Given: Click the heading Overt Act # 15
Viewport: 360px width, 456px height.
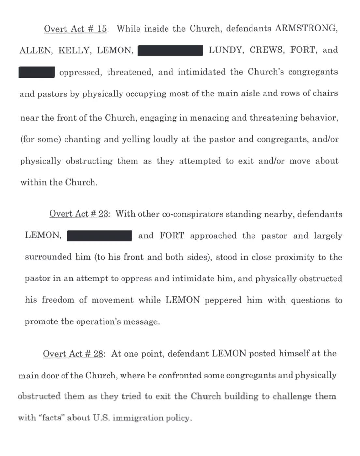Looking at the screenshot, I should tap(75, 29).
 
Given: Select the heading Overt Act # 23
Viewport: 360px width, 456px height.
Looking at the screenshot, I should tap(79, 214).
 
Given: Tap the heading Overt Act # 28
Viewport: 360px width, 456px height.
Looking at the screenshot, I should tap(73, 354).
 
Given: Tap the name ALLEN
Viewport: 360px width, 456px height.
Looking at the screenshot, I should tap(36, 50).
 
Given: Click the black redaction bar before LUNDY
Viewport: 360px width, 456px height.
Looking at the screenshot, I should tap(170, 50).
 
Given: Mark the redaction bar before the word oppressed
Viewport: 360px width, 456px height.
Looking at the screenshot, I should tap(36, 72).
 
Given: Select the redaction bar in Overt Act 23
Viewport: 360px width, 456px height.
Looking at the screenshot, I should tap(99, 235).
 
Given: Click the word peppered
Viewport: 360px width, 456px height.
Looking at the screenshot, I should tap(223, 300).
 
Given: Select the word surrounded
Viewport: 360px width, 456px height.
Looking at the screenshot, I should tap(48, 257).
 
